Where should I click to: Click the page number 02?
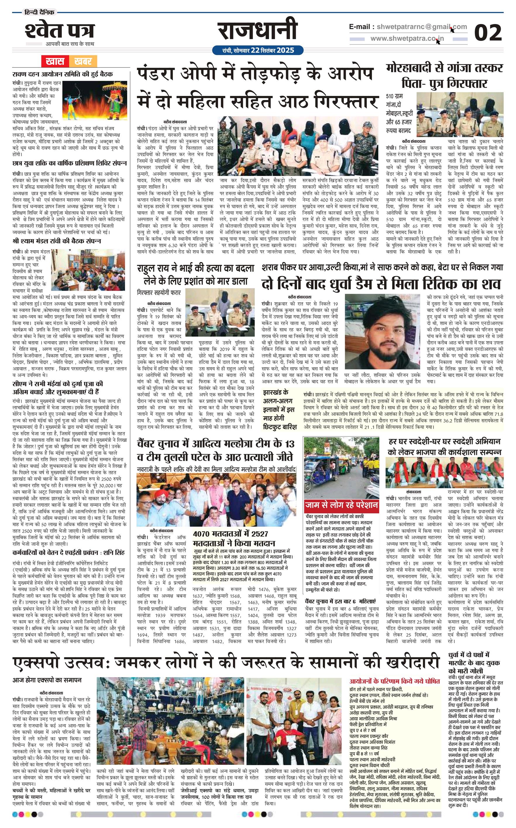click(x=488, y=33)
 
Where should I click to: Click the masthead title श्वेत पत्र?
click(x=59, y=31)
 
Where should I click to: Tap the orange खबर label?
click(x=83, y=62)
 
